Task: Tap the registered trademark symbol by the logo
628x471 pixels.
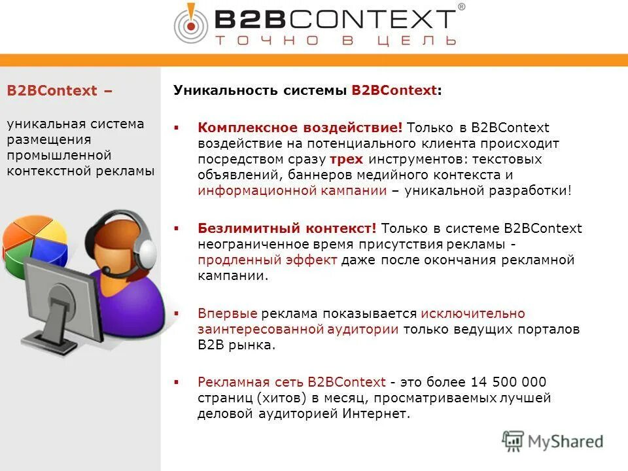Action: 461,7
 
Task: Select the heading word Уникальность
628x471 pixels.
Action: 226,90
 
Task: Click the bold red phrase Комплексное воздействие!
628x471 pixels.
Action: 300,128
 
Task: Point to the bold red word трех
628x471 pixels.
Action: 346,159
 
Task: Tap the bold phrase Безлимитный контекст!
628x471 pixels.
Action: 287,228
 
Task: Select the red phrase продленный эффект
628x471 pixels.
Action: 268,260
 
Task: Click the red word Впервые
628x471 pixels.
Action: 228,313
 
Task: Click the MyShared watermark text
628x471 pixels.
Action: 565,441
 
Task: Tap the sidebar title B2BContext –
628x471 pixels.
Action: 60,91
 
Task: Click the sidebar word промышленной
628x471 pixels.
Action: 60,155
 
